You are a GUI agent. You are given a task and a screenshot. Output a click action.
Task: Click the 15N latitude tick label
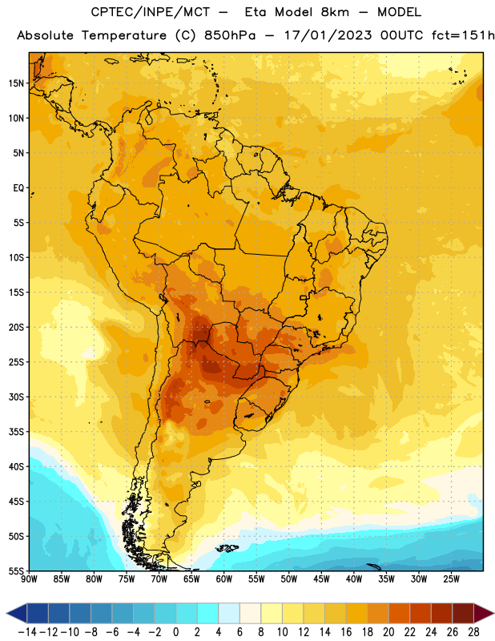(16, 83)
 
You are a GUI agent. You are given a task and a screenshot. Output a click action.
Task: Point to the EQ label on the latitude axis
(18, 188)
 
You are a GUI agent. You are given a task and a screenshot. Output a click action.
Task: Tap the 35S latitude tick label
(16, 432)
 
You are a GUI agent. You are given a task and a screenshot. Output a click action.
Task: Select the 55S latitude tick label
(16, 570)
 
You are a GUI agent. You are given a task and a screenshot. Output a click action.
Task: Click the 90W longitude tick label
(29, 579)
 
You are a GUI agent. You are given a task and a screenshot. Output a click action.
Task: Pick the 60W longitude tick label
(224, 579)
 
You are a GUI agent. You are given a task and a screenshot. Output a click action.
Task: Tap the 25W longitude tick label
(451, 579)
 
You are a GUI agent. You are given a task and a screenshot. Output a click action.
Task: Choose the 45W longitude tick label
(321, 579)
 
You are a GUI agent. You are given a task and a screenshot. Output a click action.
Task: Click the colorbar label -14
(27, 632)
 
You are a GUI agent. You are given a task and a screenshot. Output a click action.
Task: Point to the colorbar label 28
(473, 632)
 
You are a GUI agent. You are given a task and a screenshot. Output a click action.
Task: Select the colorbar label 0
(175, 632)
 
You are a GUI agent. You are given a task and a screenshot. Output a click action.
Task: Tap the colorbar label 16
(346, 632)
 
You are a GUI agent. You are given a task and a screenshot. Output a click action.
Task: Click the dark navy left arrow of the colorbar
(17, 613)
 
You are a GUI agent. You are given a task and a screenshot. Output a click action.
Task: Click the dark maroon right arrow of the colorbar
(484, 613)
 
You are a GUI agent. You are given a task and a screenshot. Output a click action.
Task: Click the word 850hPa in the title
(230, 35)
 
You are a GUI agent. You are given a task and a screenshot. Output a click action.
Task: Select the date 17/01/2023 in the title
(328, 35)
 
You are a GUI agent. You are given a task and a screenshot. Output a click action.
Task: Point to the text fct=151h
(463, 35)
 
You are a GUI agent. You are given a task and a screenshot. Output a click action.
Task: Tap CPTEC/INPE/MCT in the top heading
(151, 12)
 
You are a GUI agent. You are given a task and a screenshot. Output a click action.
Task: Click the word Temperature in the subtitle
(124, 35)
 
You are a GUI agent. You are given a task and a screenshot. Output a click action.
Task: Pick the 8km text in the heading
(335, 12)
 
